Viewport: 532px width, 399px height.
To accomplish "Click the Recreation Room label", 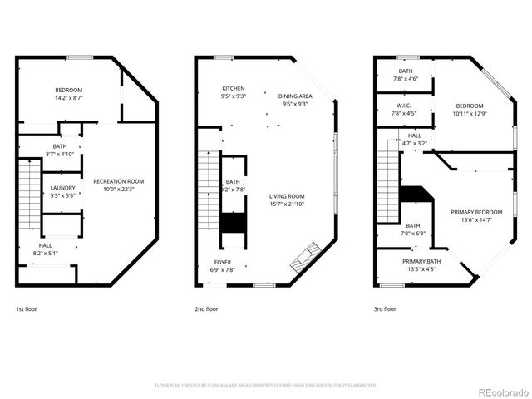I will click(118, 181).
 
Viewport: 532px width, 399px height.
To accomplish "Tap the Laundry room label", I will click(63, 188).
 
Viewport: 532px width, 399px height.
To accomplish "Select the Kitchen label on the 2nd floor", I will click(233, 88).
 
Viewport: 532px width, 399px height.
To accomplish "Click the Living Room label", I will click(287, 196).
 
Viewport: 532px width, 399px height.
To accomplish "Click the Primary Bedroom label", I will click(476, 212).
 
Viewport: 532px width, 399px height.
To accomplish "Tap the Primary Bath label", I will click(422, 262).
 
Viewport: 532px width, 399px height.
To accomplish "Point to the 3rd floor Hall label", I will click(414, 135).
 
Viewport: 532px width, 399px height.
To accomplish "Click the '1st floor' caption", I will click(27, 308).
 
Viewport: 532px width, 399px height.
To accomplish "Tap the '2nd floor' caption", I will click(206, 308).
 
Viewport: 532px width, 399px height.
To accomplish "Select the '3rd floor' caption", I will click(385, 308).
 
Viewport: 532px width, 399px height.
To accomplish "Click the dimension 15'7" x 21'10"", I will click(287, 204).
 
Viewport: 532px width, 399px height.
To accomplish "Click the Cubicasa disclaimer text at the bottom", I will click(266, 385).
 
